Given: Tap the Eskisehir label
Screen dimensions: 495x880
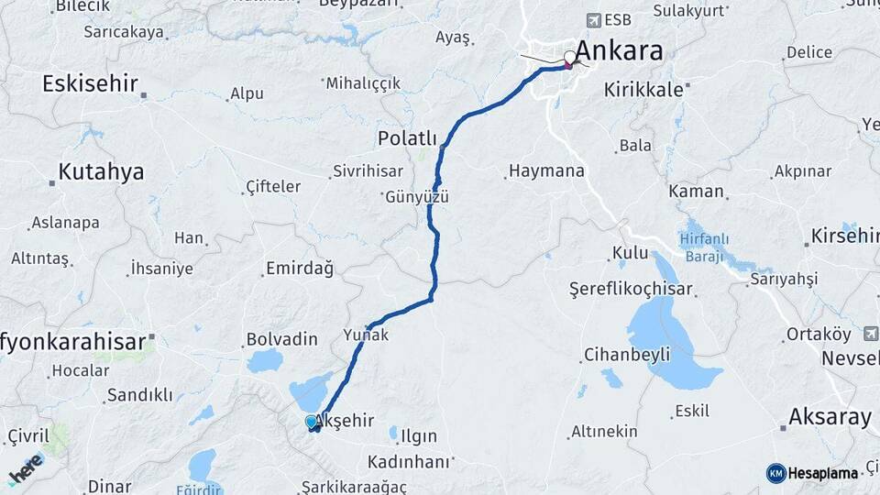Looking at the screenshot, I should (x=89, y=84).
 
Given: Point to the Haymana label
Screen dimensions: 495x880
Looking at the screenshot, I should (x=545, y=170).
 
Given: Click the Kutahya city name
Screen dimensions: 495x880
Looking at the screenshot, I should (x=101, y=171).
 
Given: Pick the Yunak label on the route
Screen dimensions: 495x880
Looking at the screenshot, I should (x=366, y=335).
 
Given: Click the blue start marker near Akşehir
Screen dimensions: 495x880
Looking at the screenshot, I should (x=312, y=422).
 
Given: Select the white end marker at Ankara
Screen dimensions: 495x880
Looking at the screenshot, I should (x=570, y=58).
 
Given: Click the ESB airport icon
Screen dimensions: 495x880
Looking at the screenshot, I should (x=595, y=19).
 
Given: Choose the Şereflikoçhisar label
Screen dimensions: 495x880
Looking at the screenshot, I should (x=631, y=289).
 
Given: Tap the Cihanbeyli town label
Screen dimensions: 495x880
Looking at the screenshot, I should (x=628, y=354).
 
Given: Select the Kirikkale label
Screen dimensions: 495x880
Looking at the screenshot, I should (x=643, y=90).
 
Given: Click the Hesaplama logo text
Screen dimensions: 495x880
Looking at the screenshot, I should (x=822, y=473).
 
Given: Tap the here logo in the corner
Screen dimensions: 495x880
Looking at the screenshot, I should (x=26, y=469).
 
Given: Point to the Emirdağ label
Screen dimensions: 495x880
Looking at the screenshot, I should (x=299, y=269).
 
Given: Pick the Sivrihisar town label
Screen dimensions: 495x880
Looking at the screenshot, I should (x=367, y=171).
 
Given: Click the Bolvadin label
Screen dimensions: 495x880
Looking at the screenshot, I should (x=281, y=339).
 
